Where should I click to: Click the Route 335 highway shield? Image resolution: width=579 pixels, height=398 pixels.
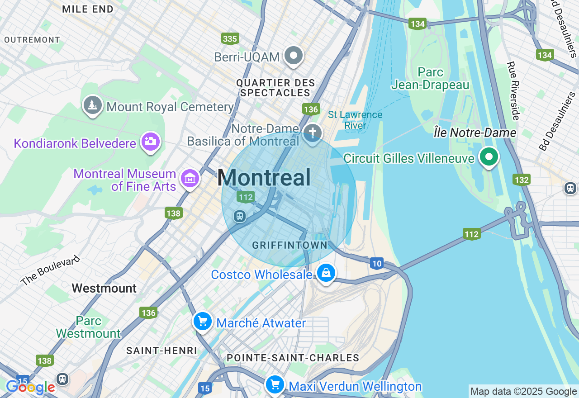(x=230, y=39)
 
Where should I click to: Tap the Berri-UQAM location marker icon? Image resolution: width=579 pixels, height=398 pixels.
(x=294, y=56)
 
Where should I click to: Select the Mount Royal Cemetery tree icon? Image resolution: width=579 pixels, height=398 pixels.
(x=93, y=105)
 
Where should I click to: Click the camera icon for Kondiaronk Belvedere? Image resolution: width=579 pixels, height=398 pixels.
(x=150, y=142)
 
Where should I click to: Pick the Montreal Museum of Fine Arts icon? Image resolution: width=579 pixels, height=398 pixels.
(x=190, y=179)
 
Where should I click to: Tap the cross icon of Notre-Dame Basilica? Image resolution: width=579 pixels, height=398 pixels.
(x=312, y=133)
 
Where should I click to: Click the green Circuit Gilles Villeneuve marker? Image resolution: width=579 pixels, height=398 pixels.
(x=489, y=157)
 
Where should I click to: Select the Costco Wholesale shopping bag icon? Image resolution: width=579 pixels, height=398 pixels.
(x=326, y=273)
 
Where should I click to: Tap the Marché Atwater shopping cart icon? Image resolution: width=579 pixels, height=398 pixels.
(x=203, y=322)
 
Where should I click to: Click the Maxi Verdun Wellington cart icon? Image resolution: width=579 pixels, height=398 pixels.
(x=275, y=385)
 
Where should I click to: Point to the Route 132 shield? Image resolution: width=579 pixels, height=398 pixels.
(x=521, y=180)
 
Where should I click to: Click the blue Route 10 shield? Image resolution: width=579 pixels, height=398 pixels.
(x=376, y=263)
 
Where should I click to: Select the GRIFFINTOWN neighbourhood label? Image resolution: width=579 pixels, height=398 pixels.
(x=289, y=245)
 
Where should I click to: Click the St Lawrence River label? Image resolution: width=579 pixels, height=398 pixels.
(x=355, y=120)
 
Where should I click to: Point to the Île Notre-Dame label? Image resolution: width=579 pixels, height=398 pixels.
(x=475, y=133)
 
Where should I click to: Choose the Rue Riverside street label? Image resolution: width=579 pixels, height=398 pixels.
(x=513, y=90)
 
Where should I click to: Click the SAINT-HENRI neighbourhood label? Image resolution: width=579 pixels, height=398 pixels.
(x=161, y=351)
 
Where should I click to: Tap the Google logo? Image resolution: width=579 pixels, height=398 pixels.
(x=30, y=387)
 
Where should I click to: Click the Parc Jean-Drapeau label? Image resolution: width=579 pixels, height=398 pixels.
(x=430, y=79)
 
